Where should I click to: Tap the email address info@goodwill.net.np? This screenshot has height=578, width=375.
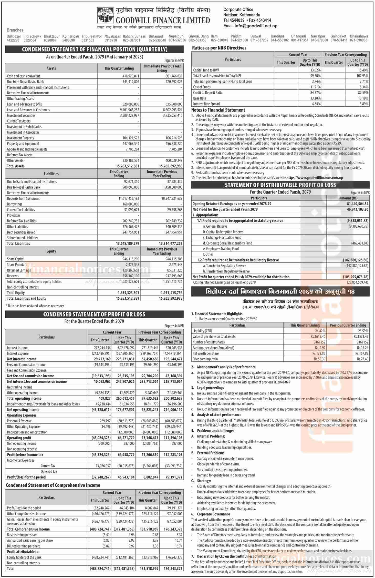pyautogui.click(x=250, y=26)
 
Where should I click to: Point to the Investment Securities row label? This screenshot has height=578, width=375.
pyautogui.click(x=21, y=115)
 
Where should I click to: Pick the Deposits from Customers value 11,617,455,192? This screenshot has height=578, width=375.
pyautogui.click(x=127, y=198)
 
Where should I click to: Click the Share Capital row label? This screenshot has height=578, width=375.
pyautogui.click(x=16, y=259)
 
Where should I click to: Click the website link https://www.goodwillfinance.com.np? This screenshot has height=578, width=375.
pyautogui.click(x=315, y=178)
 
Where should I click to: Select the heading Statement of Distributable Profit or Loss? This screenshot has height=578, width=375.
pyautogui.click(x=280, y=185)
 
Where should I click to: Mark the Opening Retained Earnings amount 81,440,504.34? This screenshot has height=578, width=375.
pyautogui.click(x=355, y=204)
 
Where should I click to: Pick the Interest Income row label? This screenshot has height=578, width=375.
pyautogui.click(x=17, y=348)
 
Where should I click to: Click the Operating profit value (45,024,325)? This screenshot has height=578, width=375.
pyautogui.click(x=101, y=438)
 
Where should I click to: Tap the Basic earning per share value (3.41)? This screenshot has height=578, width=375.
pyautogui.click(x=106, y=535)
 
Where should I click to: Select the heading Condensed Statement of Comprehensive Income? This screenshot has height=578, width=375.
pyautogui.click(x=53, y=485)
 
